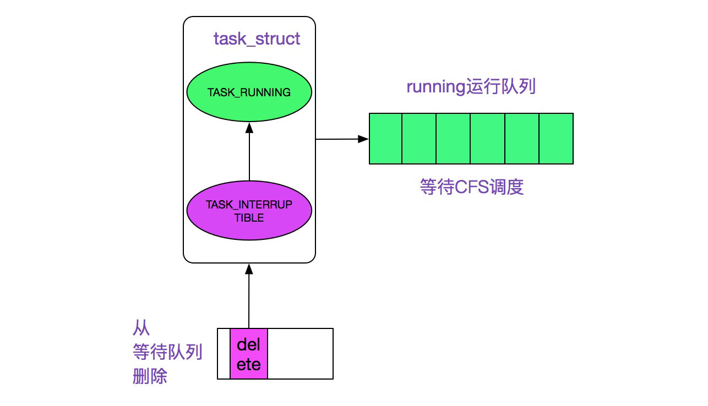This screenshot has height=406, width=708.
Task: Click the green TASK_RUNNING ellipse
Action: click(x=249, y=92)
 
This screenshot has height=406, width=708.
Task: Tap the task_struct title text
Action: click(x=257, y=39)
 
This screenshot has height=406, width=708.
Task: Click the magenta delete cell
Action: click(x=249, y=354)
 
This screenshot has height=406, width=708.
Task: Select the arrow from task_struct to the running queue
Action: click(x=342, y=139)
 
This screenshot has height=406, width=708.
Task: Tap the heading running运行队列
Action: click(x=471, y=87)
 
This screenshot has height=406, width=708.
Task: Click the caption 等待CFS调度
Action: click(x=471, y=188)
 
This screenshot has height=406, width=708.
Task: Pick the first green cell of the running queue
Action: click(x=385, y=139)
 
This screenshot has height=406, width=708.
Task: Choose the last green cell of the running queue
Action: click(x=556, y=139)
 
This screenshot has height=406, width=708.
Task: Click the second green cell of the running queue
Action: click(x=420, y=139)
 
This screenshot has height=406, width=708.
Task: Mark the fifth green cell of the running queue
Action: click(x=522, y=139)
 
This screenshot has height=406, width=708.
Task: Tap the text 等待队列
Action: click(x=167, y=352)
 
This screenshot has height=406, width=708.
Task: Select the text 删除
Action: click(x=150, y=377)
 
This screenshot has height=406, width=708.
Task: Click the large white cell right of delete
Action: click(x=300, y=354)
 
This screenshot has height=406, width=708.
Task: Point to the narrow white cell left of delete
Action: click(x=224, y=354)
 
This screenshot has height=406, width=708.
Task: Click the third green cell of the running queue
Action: click(x=454, y=139)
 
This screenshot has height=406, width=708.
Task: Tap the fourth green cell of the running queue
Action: click(x=488, y=139)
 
